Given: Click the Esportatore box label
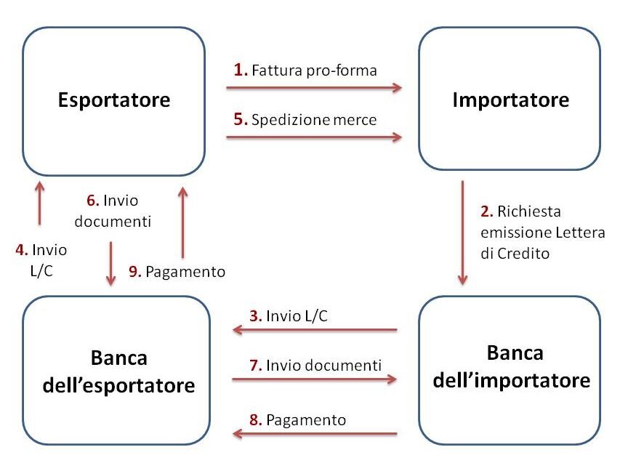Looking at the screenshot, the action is (114, 100).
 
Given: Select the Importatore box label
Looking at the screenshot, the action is (511, 100).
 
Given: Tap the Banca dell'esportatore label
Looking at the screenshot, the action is (119, 371).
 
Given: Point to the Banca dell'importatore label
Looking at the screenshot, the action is (512, 366).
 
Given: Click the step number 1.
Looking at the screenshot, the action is (241, 70).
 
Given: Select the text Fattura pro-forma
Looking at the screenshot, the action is (315, 71).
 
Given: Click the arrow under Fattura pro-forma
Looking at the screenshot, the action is (314, 88).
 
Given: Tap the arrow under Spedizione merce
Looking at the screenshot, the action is (314, 137).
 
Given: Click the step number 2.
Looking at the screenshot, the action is (486, 211).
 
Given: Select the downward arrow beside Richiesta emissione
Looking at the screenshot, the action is (462, 233).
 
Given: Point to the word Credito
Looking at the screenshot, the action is (523, 254).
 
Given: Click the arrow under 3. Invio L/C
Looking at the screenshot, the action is (315, 330).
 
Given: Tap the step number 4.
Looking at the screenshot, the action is (22, 250).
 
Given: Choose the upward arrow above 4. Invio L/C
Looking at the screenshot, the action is (40, 203).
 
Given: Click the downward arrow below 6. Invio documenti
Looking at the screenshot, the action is (111, 264).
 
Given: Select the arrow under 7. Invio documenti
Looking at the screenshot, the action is (315, 379).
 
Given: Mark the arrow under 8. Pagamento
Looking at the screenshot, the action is (315, 433).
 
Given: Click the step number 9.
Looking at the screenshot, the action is (135, 272).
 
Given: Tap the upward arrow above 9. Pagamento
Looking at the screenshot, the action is (182, 222).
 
